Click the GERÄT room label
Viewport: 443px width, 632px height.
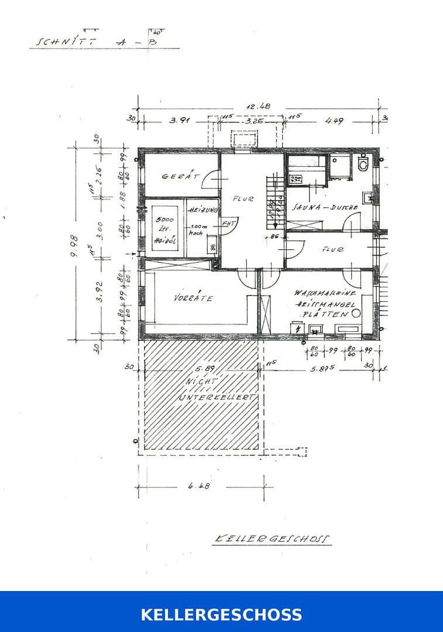click(x=181, y=176)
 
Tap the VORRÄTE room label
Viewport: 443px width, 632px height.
click(x=193, y=298)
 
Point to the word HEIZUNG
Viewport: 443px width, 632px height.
click(x=203, y=210)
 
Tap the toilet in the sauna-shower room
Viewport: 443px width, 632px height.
click(x=363, y=164)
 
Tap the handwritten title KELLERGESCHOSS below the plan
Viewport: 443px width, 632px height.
click(x=272, y=539)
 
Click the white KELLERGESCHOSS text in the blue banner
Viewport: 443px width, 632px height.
click(x=221, y=614)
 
